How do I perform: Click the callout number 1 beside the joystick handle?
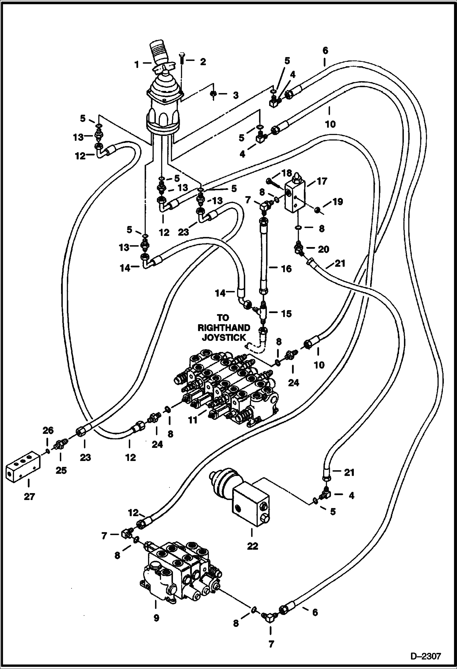137,64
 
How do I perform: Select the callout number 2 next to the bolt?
203,62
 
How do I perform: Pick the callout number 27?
29,497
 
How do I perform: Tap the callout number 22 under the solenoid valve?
252,546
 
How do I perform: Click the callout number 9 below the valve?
156,618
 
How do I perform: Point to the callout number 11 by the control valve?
193,420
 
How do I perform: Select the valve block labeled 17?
294,197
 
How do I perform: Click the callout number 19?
338,202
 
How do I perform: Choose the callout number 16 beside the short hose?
286,269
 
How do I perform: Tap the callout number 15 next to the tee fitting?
286,313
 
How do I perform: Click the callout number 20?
323,249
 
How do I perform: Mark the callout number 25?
61,470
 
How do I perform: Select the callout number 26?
48,431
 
